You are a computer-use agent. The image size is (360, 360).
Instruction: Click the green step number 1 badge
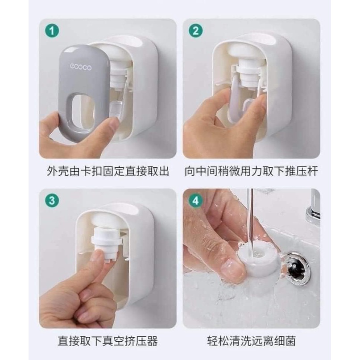point(53,32)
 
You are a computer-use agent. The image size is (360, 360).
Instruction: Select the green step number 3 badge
point(53,201)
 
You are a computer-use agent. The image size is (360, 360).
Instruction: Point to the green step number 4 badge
point(195,201)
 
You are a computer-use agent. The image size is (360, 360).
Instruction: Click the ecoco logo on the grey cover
point(80,67)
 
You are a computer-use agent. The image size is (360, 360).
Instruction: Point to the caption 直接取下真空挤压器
point(108,342)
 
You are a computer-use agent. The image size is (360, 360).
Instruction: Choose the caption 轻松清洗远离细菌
point(251,342)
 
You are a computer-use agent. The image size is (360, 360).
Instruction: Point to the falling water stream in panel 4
point(251,219)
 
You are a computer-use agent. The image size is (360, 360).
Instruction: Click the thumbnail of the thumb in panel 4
point(232,268)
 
